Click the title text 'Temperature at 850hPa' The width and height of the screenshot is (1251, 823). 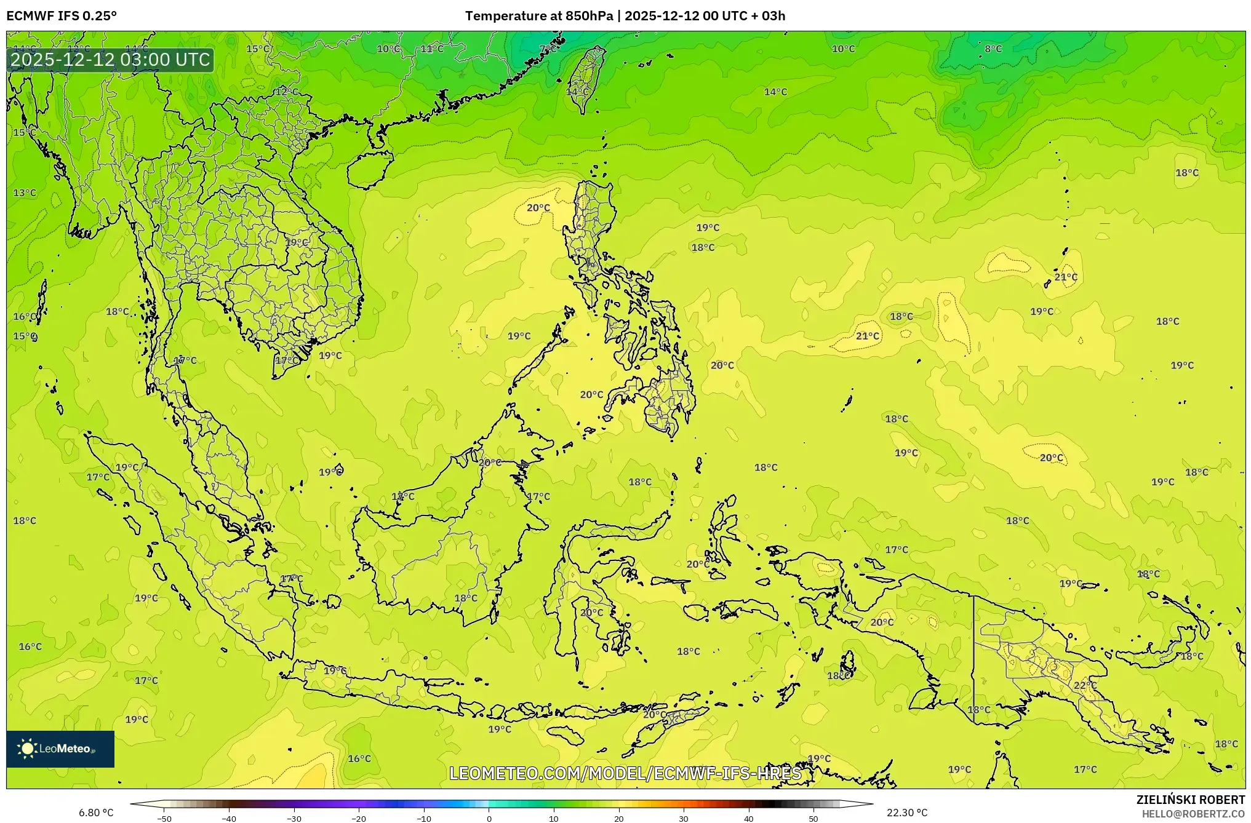(x=538, y=16)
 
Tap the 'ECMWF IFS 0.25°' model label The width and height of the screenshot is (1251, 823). (x=62, y=16)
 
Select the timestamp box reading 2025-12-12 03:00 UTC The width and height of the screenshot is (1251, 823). (x=111, y=60)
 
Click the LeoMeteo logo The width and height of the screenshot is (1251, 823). (x=60, y=749)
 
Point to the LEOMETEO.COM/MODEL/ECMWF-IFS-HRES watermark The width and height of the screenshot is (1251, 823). (x=625, y=773)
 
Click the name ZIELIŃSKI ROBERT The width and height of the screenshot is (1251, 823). (x=1190, y=800)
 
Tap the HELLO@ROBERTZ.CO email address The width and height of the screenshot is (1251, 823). (x=1193, y=814)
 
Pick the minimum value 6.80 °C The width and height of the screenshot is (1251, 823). (x=96, y=813)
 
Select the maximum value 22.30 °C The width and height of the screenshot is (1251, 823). (x=906, y=813)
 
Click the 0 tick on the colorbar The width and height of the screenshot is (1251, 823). (x=489, y=818)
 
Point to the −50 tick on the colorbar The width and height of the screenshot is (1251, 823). (x=164, y=818)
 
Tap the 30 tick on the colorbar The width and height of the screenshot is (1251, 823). (x=684, y=818)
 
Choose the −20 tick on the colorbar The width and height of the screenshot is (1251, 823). (x=359, y=818)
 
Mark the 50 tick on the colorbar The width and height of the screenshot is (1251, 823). (x=813, y=818)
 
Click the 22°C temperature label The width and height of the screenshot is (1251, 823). (x=1085, y=685)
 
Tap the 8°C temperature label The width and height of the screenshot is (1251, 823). (x=993, y=49)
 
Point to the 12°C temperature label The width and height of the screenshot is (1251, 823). (x=286, y=92)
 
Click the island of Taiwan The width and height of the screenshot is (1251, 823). (x=586, y=77)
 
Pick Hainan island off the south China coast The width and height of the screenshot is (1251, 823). (x=369, y=169)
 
